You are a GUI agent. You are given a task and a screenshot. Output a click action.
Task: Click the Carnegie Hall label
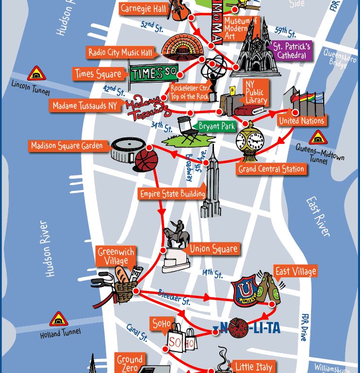coord(144,8)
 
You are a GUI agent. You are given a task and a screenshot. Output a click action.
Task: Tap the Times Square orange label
coord(98,74)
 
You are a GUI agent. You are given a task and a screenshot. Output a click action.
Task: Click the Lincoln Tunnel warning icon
coord(36,74)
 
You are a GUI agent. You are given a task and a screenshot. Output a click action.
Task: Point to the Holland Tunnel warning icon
coord(59,320)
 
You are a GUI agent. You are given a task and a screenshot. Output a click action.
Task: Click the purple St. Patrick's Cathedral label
coord(291,51)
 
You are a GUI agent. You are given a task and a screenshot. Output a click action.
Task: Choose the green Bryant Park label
coord(216,126)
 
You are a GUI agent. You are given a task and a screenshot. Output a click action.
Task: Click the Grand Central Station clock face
coord(249,140)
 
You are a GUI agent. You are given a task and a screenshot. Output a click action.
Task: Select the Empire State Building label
coord(172,194)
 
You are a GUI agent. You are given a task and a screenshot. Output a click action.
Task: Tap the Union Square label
coord(213,249)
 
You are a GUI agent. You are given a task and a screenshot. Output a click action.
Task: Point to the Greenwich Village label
coord(115,256)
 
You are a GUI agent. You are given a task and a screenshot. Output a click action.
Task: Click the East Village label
coord(295,271)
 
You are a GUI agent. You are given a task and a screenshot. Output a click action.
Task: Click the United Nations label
coord(301,120)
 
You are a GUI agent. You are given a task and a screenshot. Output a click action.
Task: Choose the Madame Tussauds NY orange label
coord(85,105)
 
